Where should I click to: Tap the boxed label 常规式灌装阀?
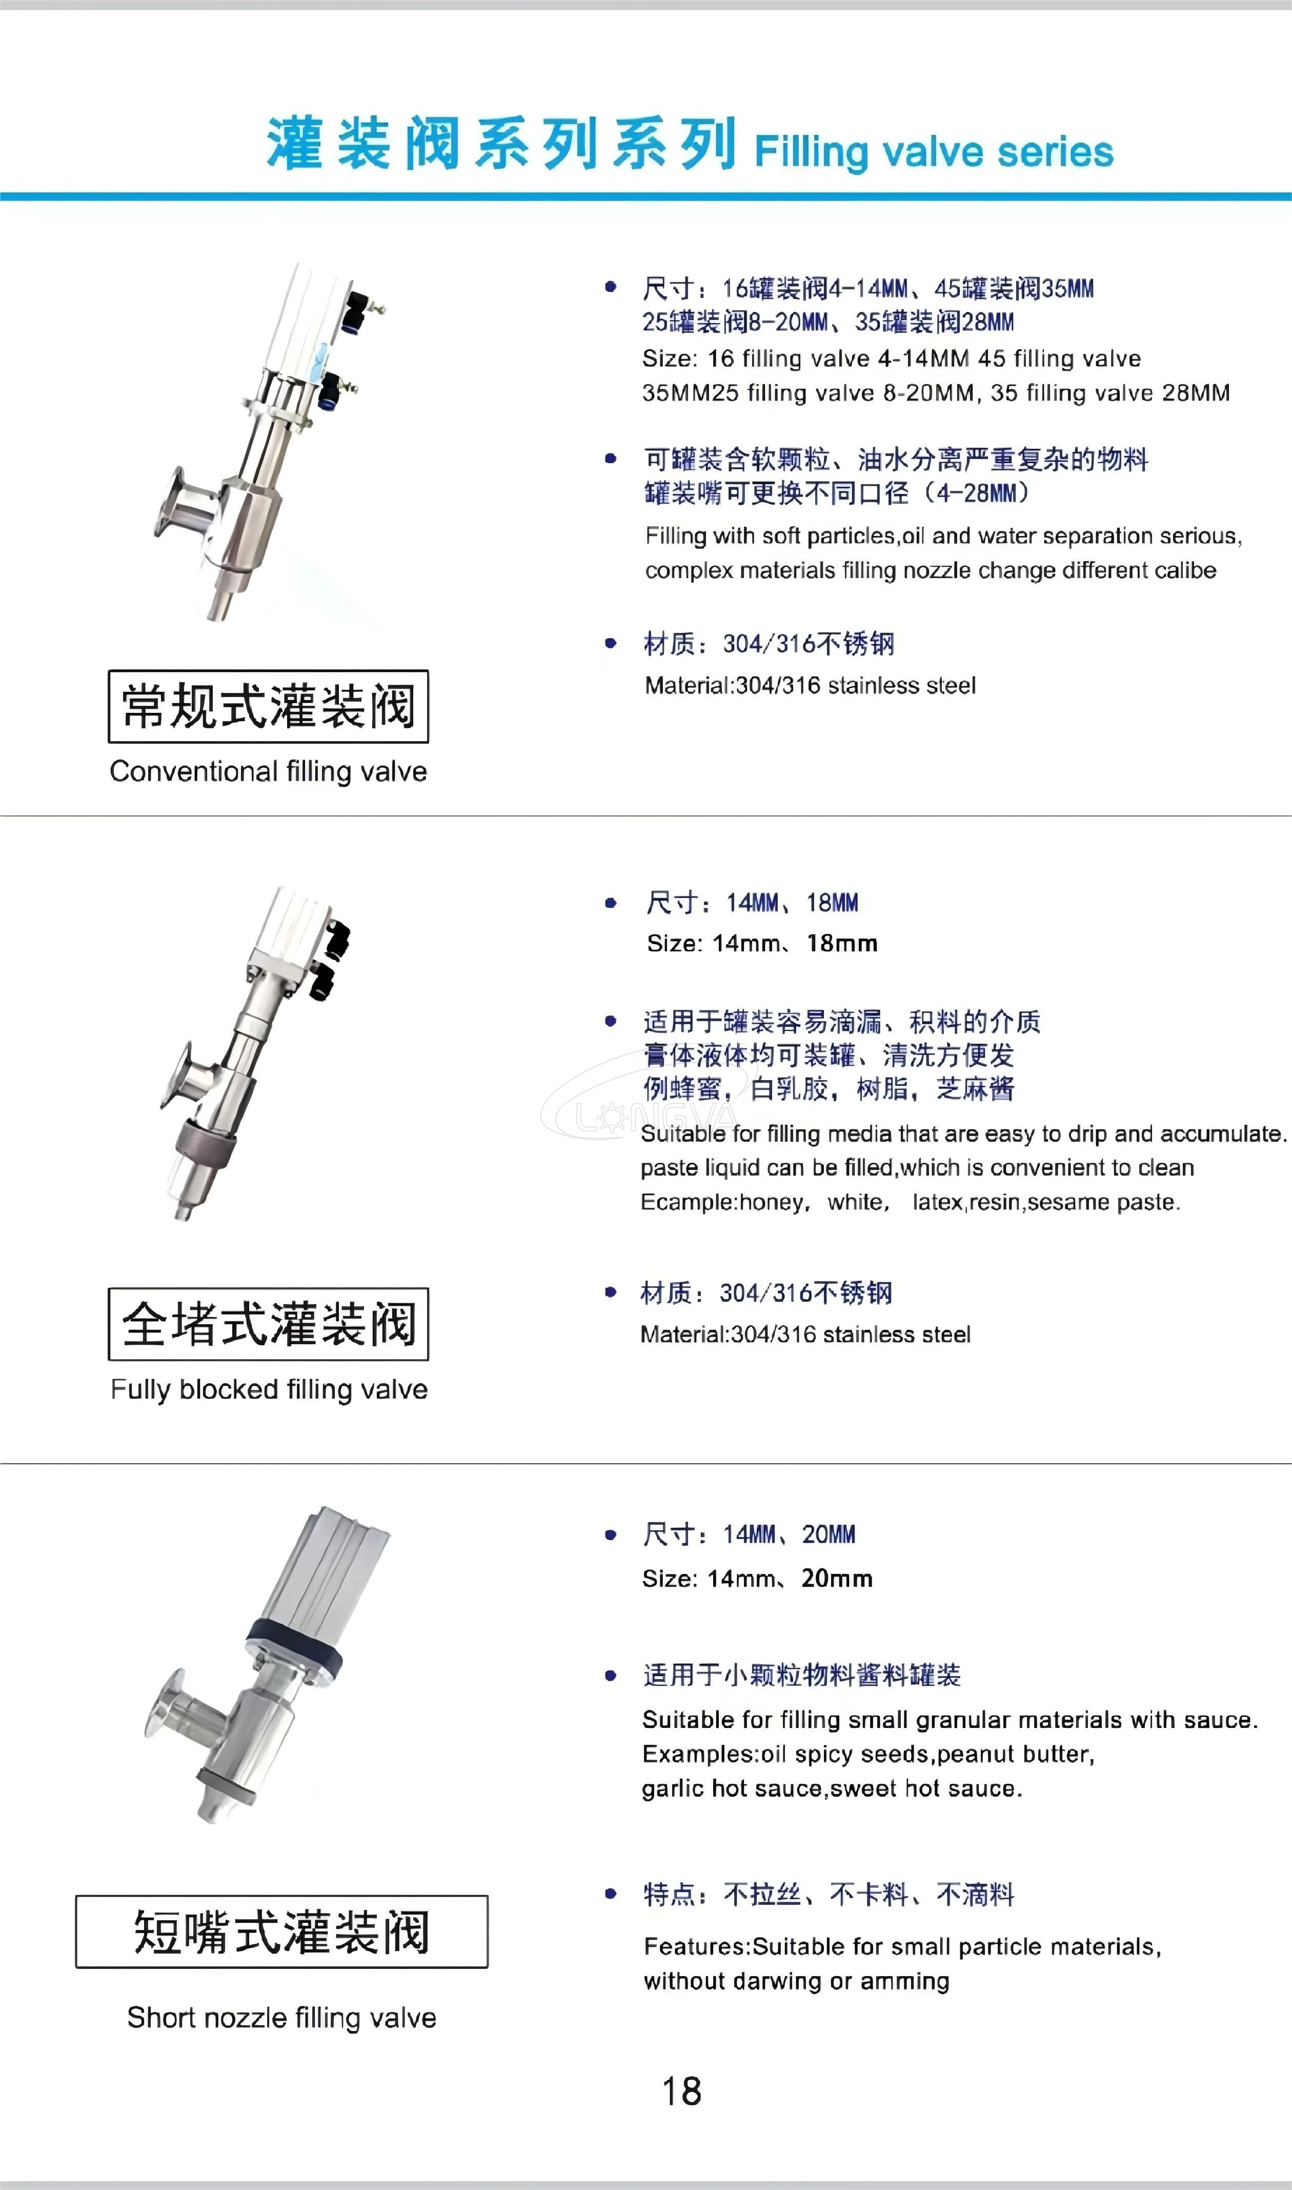[x=268, y=706]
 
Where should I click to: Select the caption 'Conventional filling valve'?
[x=268, y=771]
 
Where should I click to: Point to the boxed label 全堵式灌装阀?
[x=268, y=1324]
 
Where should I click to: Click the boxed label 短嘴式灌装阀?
[x=281, y=1932]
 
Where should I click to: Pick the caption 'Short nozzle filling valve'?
[x=281, y=2018]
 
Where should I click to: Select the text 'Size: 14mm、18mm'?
[x=762, y=943]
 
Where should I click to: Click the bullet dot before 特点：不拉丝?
[x=610, y=1894]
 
